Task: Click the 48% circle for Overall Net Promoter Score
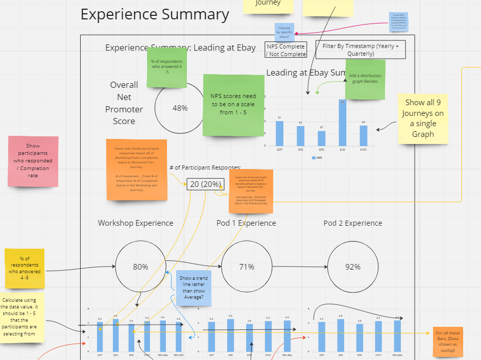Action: [x=180, y=108]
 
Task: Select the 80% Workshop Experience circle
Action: [x=140, y=267]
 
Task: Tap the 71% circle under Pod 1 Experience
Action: [x=247, y=267]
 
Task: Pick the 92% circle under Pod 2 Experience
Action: [x=352, y=267]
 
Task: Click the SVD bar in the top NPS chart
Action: [x=342, y=123]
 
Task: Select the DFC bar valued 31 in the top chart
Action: [x=322, y=138]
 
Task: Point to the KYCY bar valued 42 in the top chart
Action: [x=363, y=135]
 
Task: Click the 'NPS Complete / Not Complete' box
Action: [x=286, y=50]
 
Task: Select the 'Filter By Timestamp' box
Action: [x=360, y=50]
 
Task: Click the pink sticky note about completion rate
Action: [x=33, y=160]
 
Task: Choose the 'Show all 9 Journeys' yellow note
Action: [x=423, y=118]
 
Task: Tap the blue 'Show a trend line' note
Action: [x=194, y=288]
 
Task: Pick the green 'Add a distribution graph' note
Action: [x=365, y=79]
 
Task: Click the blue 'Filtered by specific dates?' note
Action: [x=284, y=32]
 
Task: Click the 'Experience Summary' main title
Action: [x=155, y=14]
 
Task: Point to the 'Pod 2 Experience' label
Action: [x=353, y=223]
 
